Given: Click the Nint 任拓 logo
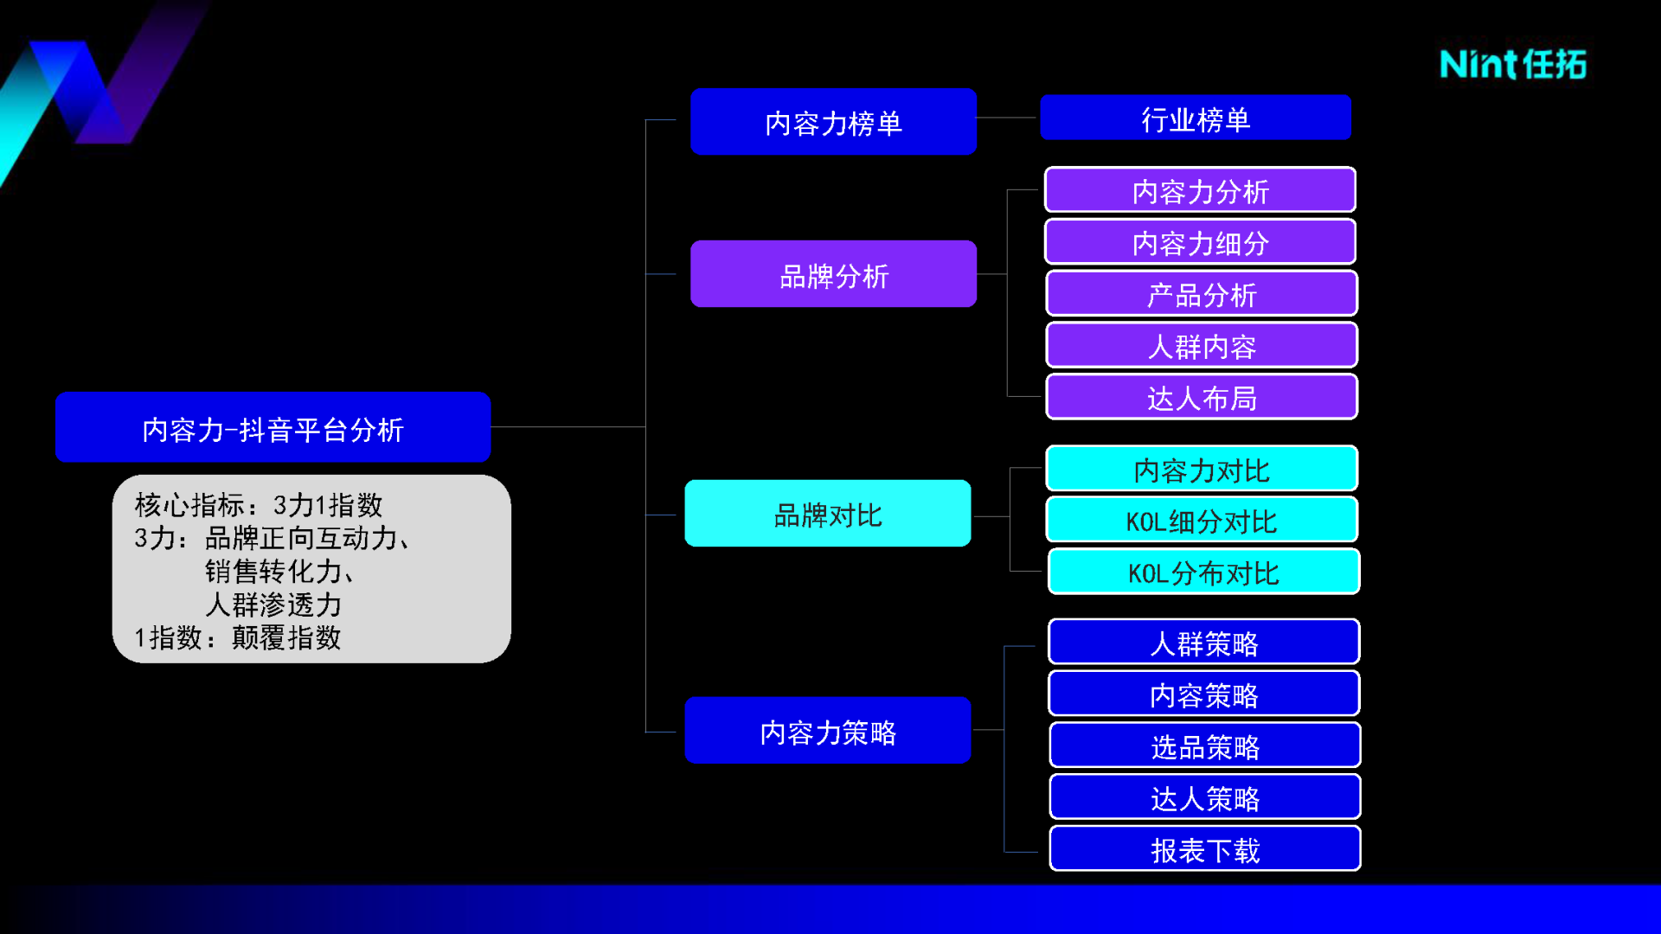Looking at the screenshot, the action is pos(1513,65).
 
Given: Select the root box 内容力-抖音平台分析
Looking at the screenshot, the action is pos(273,427).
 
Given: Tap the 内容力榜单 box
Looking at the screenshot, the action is pos(833,122).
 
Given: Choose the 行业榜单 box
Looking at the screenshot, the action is pos(1195,118).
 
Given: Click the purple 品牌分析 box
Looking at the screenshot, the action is pos(833,274).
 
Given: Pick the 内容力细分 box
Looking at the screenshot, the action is pos(1200,241).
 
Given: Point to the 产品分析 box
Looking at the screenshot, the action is pos(1202,293).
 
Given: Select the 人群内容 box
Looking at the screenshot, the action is pos(1202,345).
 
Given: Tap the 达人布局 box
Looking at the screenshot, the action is pos(1202,397).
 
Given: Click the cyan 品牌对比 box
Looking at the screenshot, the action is pos(828,514).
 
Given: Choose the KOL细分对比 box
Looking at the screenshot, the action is pos(1202,520).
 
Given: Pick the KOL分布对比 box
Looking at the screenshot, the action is pos(1203,572).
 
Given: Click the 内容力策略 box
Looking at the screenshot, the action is pos(828,731).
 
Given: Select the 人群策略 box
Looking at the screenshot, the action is pos(1203,642).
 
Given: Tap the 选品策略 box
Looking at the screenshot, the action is pos(1205,745).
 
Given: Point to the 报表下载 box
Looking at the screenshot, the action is pos(1205,849).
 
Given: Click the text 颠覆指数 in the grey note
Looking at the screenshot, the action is pos(286,638).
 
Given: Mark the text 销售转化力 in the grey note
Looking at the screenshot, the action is pos(273,572).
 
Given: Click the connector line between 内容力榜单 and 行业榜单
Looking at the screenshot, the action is pos(1007,118).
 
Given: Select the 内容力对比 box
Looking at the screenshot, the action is pos(1202,469).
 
